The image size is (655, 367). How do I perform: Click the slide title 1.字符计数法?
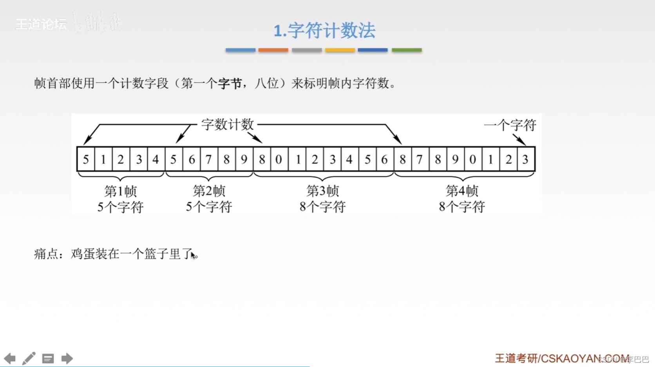[324, 31]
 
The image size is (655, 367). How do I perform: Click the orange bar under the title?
[273, 50]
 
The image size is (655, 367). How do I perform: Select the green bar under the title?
[407, 50]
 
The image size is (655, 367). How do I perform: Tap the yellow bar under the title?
[340, 50]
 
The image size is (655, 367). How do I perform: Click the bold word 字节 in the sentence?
[230, 83]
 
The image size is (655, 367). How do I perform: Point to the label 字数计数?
[228, 125]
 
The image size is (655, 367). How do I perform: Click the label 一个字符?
[510, 125]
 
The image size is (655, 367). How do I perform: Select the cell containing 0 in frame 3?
[279, 159]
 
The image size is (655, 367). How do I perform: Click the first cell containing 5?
[86, 159]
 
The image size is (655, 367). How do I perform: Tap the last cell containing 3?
[525, 159]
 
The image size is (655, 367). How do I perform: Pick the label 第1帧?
[120, 192]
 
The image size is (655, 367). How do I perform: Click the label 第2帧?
[209, 191]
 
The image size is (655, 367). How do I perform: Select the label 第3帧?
[322, 191]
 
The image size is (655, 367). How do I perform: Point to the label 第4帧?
[462, 191]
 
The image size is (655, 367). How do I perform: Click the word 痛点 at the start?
[46, 254]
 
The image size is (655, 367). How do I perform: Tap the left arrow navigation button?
[10, 358]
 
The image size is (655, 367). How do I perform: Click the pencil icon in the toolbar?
[29, 358]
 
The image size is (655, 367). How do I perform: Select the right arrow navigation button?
[67, 358]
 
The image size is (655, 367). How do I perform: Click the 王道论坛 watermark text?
[41, 24]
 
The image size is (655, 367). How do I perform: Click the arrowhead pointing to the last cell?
[522, 142]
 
